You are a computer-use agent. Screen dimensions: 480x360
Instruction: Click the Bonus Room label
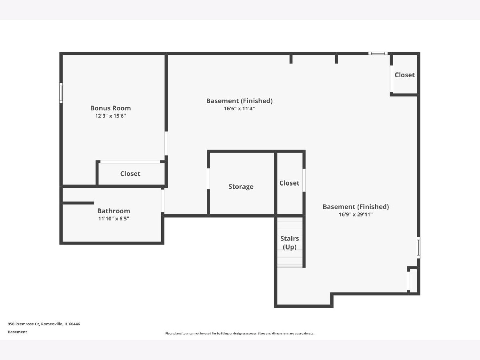110,108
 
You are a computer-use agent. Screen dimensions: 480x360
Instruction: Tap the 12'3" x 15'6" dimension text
110,116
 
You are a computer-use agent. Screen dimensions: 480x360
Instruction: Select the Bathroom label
114,211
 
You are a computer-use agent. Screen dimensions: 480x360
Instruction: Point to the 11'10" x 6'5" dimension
114,218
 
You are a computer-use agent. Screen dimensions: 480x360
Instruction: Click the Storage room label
241,186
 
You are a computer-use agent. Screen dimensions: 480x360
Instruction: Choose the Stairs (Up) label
290,243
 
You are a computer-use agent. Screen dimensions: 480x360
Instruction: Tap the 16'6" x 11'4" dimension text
239,108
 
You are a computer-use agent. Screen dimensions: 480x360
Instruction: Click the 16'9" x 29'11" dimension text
356,214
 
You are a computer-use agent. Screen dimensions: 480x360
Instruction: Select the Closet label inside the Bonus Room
130,174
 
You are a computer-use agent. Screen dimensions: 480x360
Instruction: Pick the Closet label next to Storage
289,183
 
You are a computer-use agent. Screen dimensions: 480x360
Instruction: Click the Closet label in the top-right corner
404,75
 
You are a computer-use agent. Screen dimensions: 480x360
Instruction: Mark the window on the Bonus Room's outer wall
61,93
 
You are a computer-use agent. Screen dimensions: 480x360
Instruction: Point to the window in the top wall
378,53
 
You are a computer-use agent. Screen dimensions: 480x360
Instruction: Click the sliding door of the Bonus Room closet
130,162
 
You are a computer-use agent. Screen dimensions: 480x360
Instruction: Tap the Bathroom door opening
162,201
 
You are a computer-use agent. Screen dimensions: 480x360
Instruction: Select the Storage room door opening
208,178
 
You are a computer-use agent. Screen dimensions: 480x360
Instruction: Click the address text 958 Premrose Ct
24,324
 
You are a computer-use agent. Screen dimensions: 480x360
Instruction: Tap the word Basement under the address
18,332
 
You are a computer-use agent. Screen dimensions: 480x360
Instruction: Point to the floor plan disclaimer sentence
240,333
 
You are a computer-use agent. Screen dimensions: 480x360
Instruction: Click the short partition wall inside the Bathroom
78,203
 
